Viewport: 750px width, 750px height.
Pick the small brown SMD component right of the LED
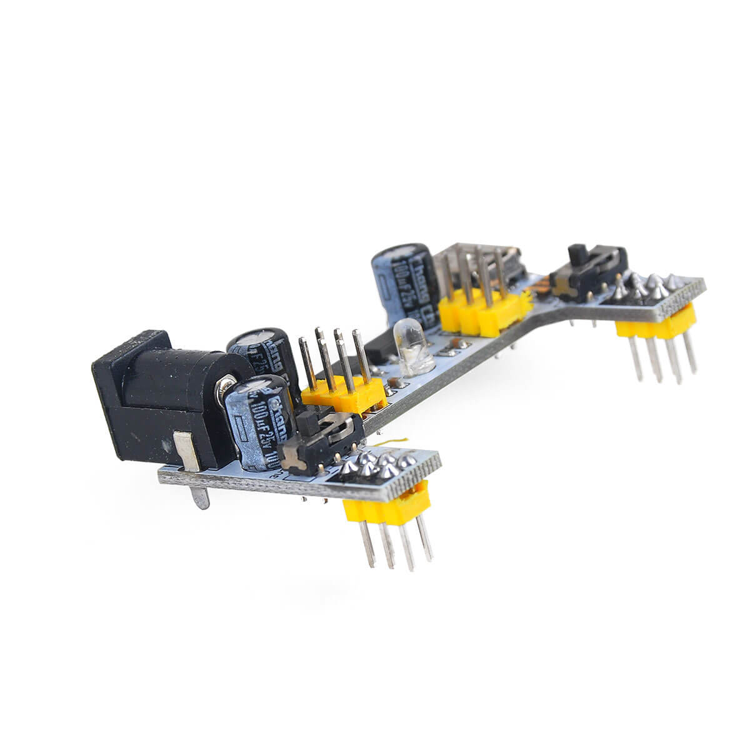point(459,344)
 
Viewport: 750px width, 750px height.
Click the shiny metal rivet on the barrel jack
point(225,387)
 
